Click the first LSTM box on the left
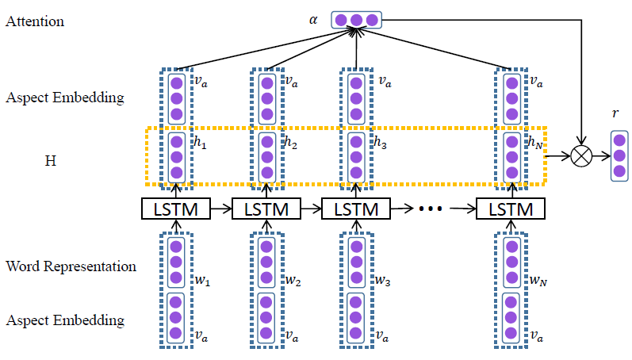tap(176, 209)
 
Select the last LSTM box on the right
tap(511, 209)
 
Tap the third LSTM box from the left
tap(356, 209)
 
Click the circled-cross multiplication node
tap(582, 157)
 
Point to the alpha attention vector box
tap(357, 19)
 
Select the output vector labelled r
tap(620, 157)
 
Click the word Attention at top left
tap(35, 21)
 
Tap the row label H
tap(51, 160)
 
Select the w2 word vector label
tap(293, 281)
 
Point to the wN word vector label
tap(535, 281)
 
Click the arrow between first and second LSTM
tap(221, 209)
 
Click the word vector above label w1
tap(176, 262)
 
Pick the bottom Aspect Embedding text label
tap(65, 320)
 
